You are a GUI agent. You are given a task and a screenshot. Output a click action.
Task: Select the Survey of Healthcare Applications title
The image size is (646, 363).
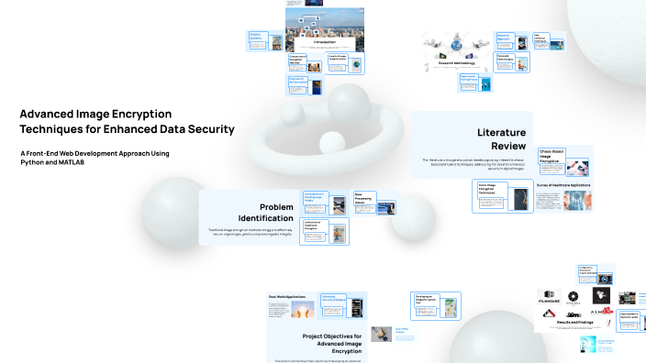564,185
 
